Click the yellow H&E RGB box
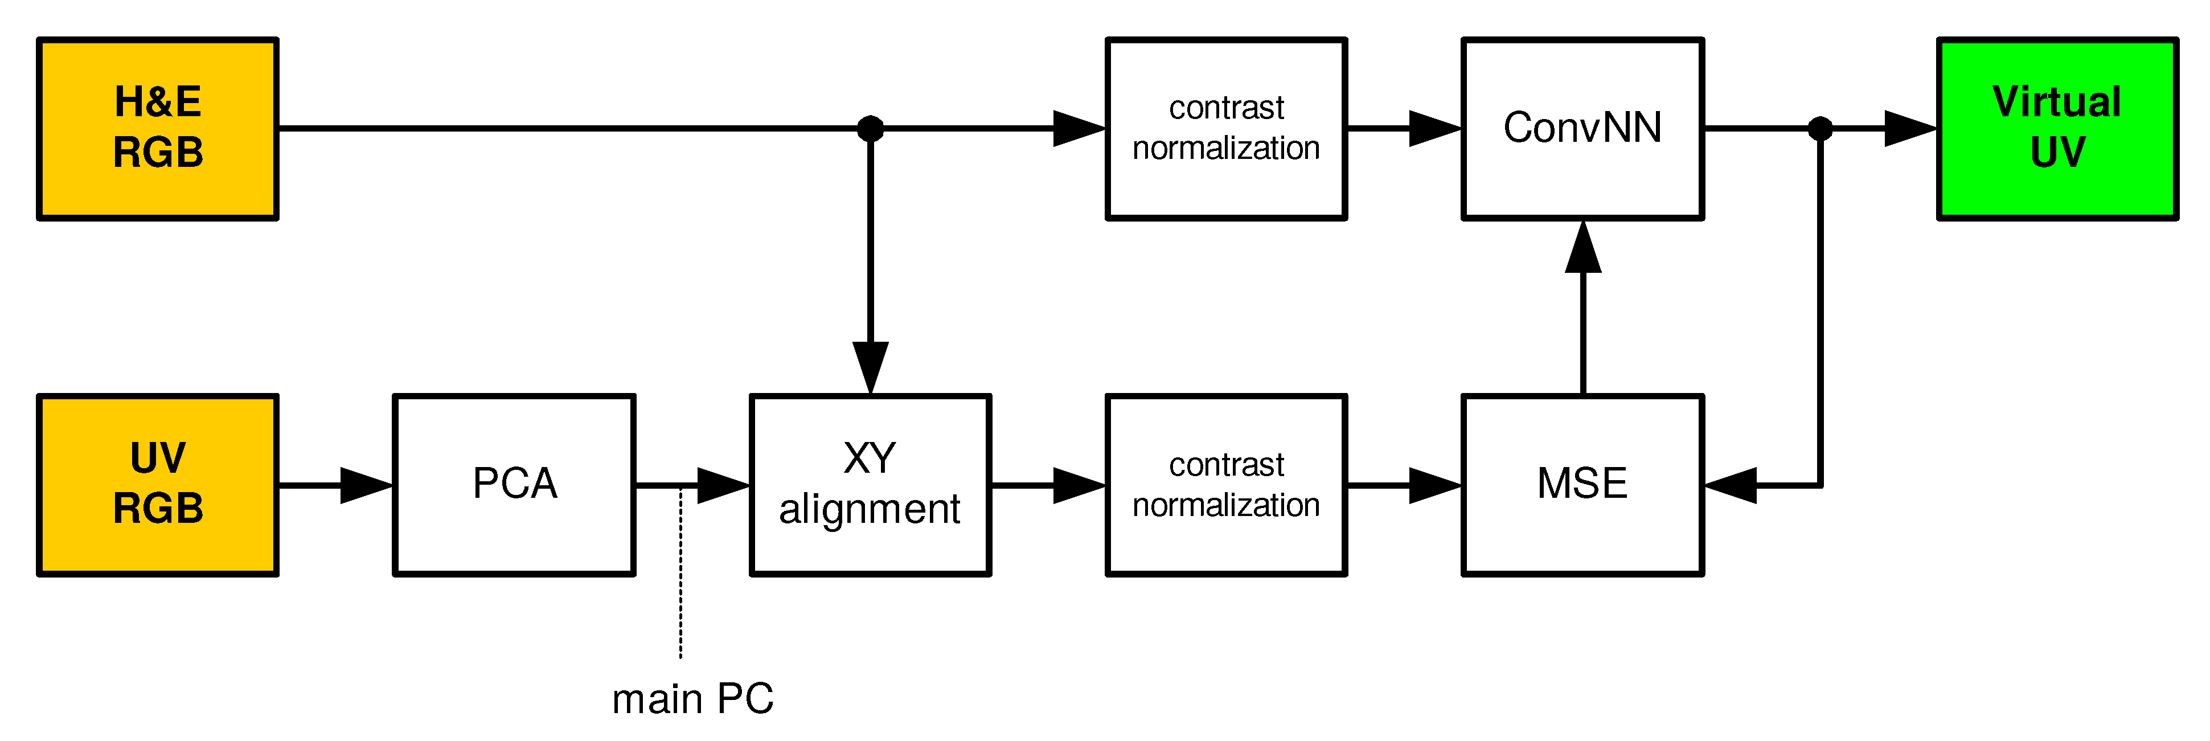[158, 129]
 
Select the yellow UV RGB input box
[158, 485]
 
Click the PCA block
[514, 485]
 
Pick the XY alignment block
[870, 485]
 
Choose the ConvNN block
[1582, 129]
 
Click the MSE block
[1582, 485]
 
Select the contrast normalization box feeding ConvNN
[1226, 129]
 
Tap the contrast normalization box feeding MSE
[1226, 485]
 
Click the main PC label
[692, 699]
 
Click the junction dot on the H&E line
[870, 129]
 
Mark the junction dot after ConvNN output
[1819, 129]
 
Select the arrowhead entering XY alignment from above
[870, 367]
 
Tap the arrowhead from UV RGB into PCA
[364, 485]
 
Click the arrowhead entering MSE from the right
[1731, 485]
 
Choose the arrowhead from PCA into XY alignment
[721, 485]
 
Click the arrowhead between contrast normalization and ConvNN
[1434, 129]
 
